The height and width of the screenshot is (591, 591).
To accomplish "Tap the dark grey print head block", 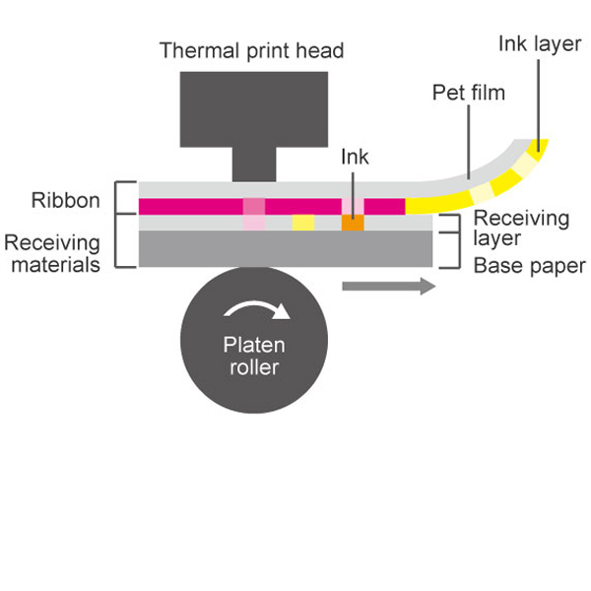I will (254, 108).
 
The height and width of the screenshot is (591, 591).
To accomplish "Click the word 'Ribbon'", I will (65, 201).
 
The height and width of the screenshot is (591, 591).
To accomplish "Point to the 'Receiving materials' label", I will (52, 253).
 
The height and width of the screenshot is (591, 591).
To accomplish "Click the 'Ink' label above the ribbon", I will (355, 157).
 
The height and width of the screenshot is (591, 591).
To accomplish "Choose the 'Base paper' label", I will (530, 266).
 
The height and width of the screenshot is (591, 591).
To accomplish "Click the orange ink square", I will (353, 224).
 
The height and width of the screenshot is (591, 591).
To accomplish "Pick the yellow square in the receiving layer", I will (303, 224).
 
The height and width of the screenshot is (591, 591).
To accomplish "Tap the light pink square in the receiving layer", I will (254, 224).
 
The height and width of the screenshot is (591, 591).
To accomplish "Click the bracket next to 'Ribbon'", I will (124, 199).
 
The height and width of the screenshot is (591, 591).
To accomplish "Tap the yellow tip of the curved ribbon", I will (539, 148).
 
